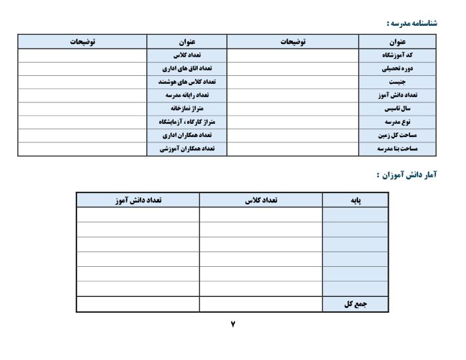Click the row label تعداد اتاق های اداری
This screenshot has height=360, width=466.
(186, 69)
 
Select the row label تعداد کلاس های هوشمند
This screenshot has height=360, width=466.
(186, 82)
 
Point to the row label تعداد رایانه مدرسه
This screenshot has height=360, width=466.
(186, 95)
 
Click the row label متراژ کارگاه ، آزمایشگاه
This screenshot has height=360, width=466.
(186, 122)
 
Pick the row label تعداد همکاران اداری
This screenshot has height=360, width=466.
(186, 136)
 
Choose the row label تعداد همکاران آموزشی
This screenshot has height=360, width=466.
(186, 149)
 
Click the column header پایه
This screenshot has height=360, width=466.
(355, 200)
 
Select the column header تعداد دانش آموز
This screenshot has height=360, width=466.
(138, 200)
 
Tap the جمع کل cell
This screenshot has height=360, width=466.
(356, 304)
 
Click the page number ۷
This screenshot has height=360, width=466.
(233, 324)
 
